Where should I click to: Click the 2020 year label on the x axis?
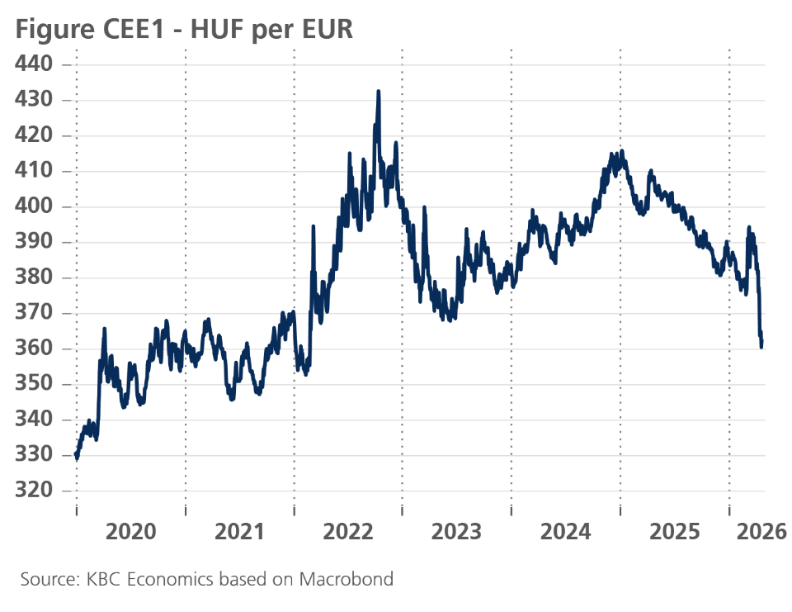click(131, 530)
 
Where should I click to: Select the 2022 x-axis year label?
click(348, 530)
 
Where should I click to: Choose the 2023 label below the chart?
click(457, 530)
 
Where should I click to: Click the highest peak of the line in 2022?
click(378, 92)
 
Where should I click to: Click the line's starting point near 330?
click(76, 456)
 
